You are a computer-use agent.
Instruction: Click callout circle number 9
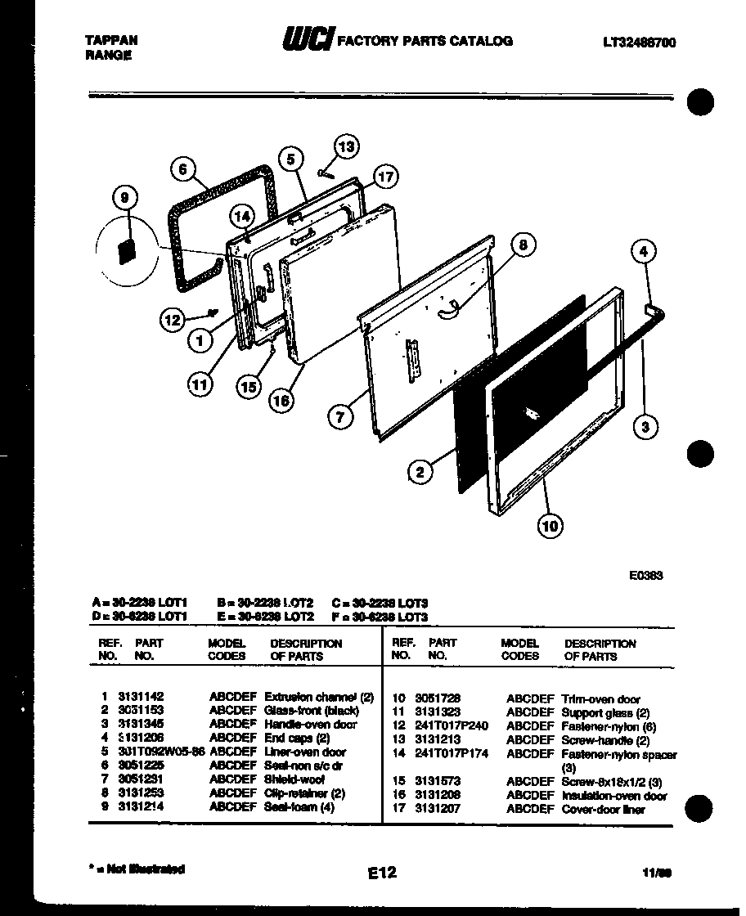tap(125, 197)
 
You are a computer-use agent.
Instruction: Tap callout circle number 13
tap(347, 147)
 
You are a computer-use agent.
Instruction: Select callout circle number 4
tap(644, 252)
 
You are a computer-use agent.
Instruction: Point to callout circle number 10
tap(550, 525)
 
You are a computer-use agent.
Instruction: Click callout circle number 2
tap(420, 471)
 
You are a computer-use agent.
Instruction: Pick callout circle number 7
tap(340, 416)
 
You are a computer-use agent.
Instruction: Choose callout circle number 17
tap(385, 176)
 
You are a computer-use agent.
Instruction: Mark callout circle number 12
tap(173, 320)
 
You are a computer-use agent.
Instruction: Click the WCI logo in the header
tap(308, 39)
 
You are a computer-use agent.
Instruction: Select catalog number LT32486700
tap(638, 43)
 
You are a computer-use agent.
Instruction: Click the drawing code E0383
tap(645, 575)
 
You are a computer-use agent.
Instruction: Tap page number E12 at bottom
tap(381, 873)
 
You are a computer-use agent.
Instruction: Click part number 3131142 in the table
tap(141, 697)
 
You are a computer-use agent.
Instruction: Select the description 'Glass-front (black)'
tap(312, 711)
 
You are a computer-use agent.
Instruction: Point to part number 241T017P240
tap(452, 725)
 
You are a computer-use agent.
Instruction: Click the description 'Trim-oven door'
tap(600, 699)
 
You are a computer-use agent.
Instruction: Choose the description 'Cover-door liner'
tap(603, 810)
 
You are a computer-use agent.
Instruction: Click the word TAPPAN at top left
tap(110, 39)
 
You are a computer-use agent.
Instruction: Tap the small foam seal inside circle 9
tap(126, 250)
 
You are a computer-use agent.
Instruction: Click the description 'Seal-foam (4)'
tap(299, 807)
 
